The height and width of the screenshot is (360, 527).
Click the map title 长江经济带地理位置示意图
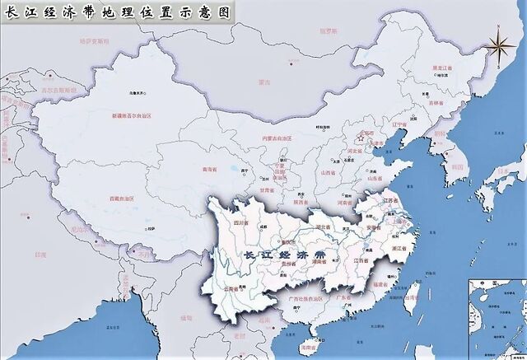(x=115, y=11)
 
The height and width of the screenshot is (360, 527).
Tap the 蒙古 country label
(x=263, y=82)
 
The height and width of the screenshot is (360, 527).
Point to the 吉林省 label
(x=453, y=104)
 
